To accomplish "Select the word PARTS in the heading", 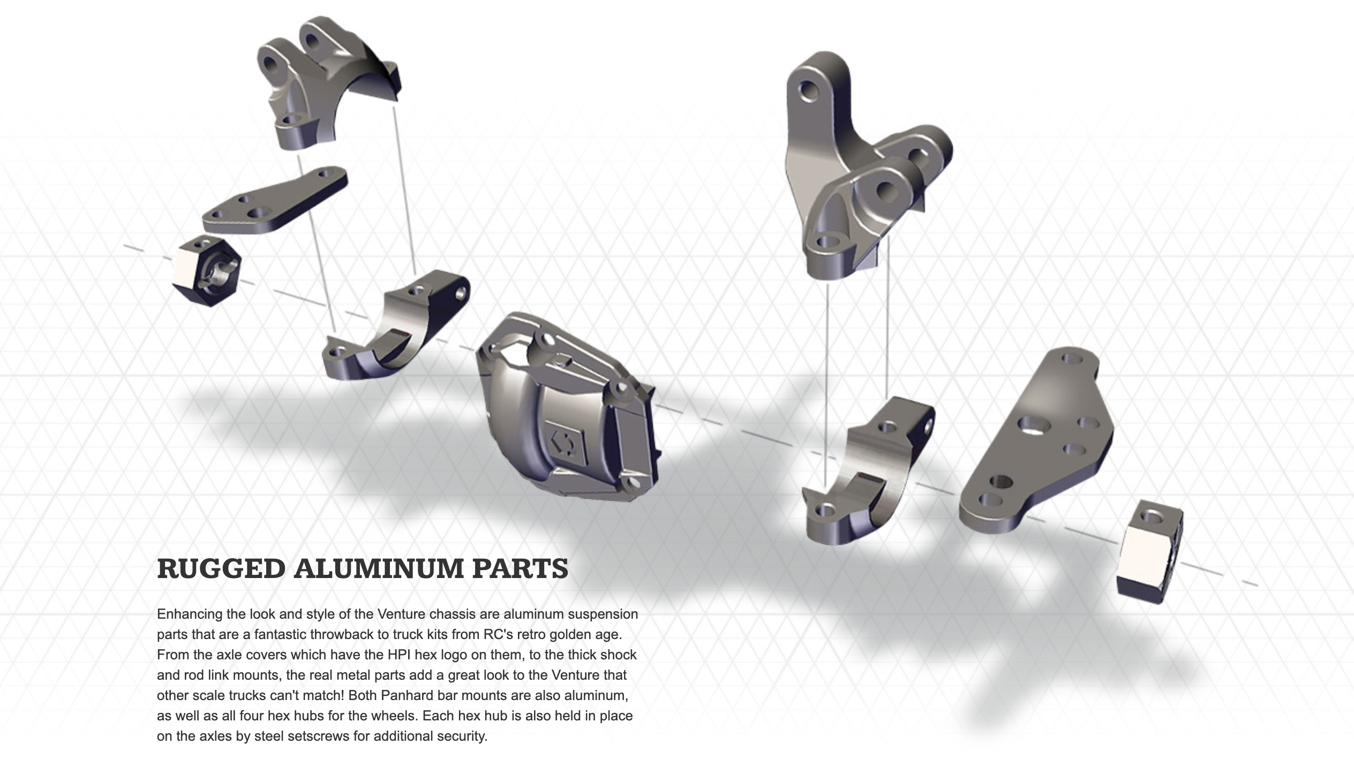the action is (520, 568).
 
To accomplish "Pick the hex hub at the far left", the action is (207, 270).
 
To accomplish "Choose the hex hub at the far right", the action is (1150, 552).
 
